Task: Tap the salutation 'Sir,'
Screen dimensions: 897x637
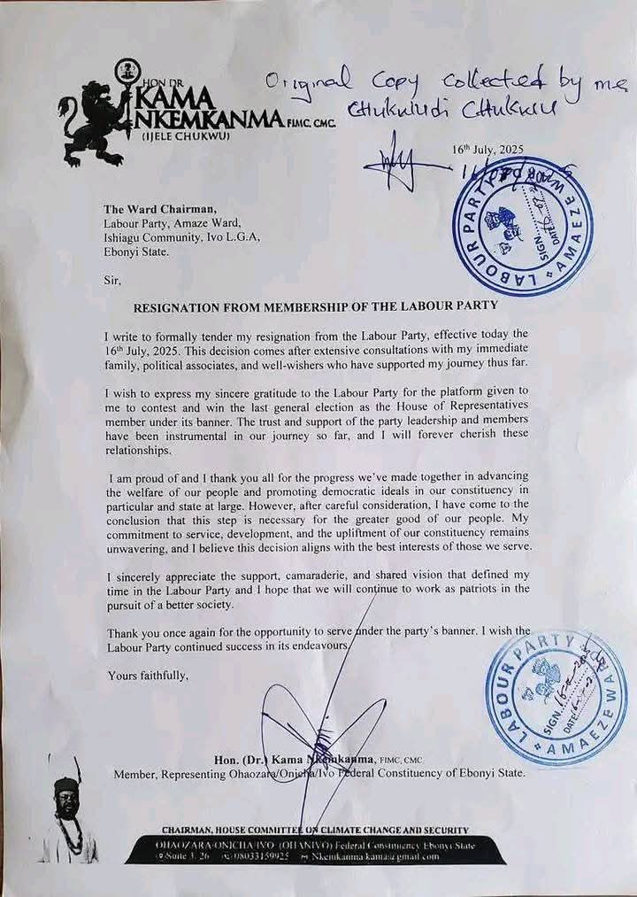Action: point(114,280)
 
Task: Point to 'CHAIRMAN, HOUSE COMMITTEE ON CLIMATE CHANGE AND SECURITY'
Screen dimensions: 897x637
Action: point(315,830)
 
